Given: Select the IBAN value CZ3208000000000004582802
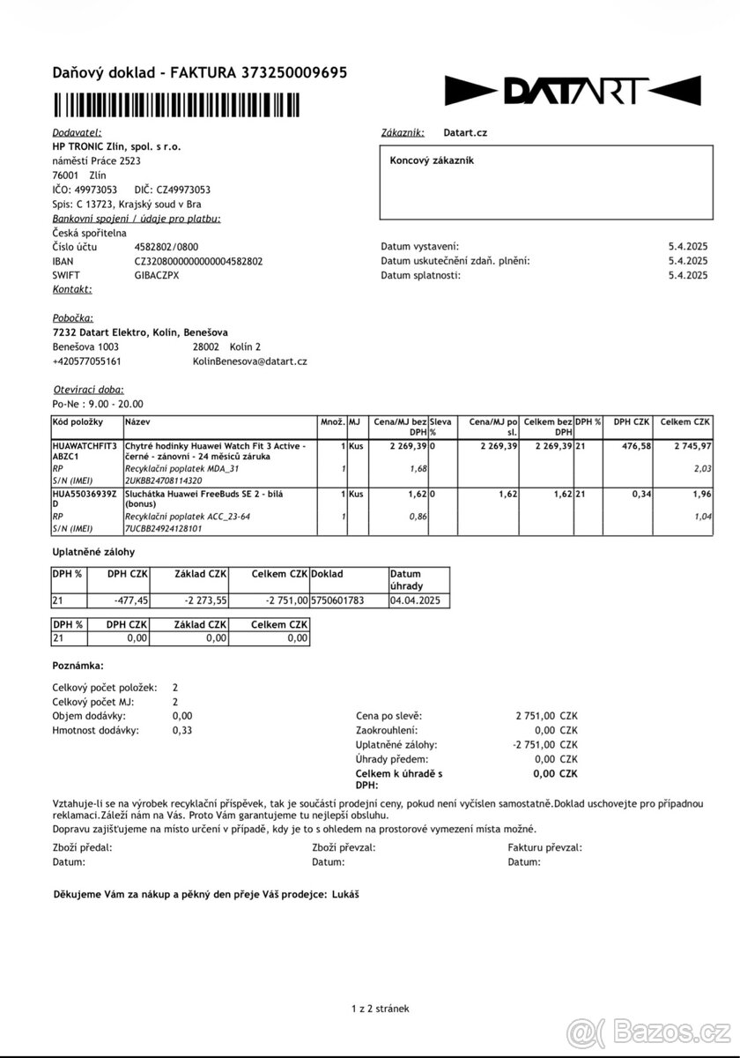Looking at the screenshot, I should click(x=198, y=261).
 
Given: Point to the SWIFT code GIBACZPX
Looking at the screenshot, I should click(x=156, y=275).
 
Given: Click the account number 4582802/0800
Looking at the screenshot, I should click(x=166, y=247).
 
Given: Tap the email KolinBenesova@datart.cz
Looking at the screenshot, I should click(x=249, y=361).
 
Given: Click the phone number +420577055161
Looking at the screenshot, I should click(x=87, y=361).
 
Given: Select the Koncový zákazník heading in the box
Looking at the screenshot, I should click(x=432, y=160).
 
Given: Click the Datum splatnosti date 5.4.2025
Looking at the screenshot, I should click(x=687, y=275).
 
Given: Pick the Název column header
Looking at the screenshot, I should click(x=137, y=422).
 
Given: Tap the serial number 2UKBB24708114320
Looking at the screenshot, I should click(x=164, y=481).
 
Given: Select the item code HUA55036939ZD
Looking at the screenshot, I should click(x=85, y=500).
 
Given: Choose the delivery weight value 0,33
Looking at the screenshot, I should click(x=182, y=730).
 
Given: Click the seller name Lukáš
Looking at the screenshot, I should click(x=346, y=894).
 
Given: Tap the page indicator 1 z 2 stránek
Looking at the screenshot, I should click(x=380, y=1009).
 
